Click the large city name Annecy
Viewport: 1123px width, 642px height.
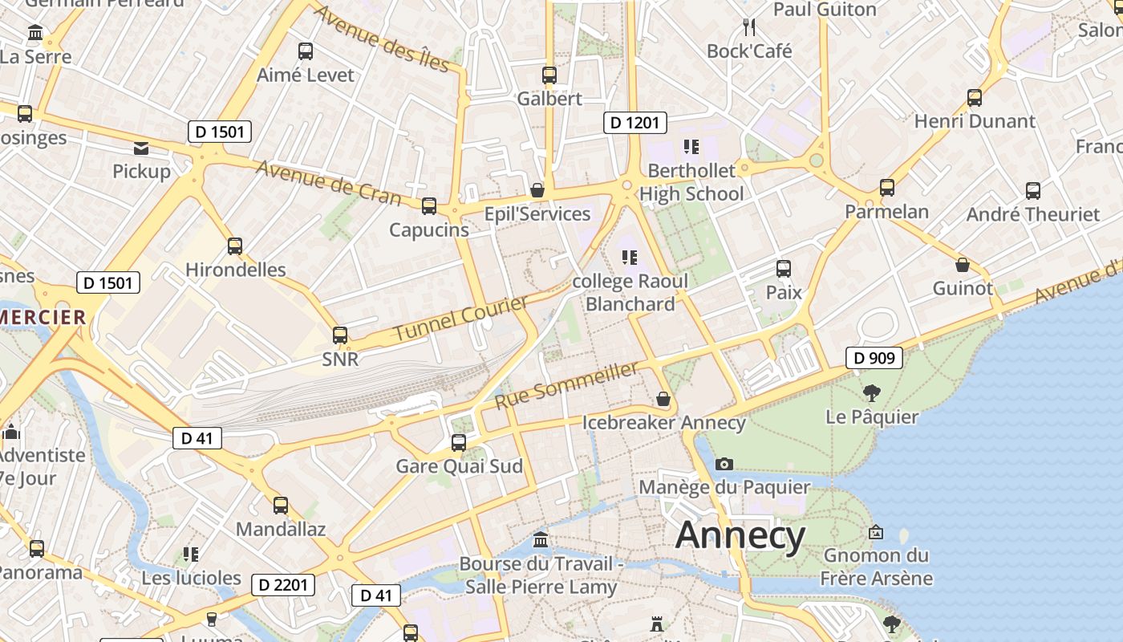740,535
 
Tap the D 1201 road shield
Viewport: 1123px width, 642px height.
634,122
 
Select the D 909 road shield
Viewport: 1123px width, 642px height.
874,358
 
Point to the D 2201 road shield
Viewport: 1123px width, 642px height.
284,585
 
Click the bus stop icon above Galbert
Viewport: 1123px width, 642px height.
549,75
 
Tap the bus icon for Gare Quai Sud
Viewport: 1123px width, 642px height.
459,442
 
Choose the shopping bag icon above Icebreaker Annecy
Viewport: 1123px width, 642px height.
663,399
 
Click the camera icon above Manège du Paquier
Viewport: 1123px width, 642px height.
724,464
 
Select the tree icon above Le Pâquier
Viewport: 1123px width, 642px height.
872,393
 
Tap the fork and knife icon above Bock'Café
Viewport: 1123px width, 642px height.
750,27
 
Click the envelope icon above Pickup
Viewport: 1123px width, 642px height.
141,148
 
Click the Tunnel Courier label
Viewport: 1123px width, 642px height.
461,317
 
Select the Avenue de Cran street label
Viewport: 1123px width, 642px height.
328,181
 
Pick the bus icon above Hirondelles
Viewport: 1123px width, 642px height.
235,246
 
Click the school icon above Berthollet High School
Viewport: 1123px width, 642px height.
691,147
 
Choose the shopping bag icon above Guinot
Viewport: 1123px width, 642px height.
963,265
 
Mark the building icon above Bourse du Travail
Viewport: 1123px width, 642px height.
541,539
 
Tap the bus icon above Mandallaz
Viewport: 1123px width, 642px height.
281,506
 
